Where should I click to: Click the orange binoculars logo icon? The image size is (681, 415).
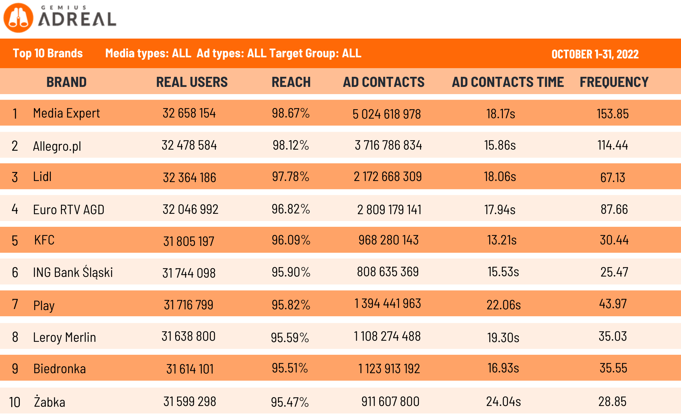click(x=18, y=18)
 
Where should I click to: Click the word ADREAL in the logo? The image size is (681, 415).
click(x=77, y=19)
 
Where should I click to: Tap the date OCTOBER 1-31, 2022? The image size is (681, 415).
click(x=595, y=54)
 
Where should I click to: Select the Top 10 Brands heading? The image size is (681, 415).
click(x=48, y=53)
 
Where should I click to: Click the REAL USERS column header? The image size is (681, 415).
click(x=192, y=82)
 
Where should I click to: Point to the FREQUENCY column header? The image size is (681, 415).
click(x=614, y=82)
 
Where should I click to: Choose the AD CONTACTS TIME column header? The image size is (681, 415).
click(x=508, y=82)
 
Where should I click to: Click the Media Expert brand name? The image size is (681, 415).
click(x=66, y=113)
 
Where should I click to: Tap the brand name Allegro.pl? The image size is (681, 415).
click(x=57, y=146)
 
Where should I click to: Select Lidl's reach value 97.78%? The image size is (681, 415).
click(x=291, y=177)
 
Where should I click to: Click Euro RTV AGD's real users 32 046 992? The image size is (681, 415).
click(x=190, y=209)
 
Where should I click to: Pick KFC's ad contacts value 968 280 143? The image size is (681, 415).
click(x=388, y=240)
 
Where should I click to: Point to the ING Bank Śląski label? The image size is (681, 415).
click(x=73, y=272)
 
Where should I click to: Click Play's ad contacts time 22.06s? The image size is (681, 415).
click(x=504, y=305)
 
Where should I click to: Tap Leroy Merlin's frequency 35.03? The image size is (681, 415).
click(x=613, y=336)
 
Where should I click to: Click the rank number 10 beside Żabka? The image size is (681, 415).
click(x=14, y=402)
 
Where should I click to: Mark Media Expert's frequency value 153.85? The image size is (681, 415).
click(x=613, y=114)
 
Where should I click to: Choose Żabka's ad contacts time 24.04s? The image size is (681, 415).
click(x=503, y=402)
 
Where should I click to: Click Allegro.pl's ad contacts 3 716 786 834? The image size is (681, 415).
click(x=388, y=145)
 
